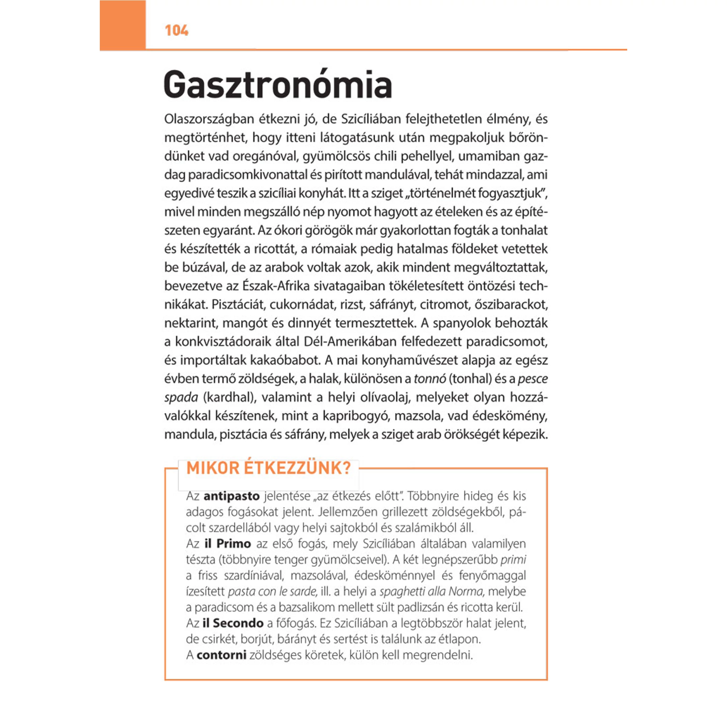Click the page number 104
click(176, 30)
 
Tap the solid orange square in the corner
click(123, 25)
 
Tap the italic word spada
click(181, 397)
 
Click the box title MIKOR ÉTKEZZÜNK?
click(269, 469)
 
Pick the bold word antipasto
click(231, 496)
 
